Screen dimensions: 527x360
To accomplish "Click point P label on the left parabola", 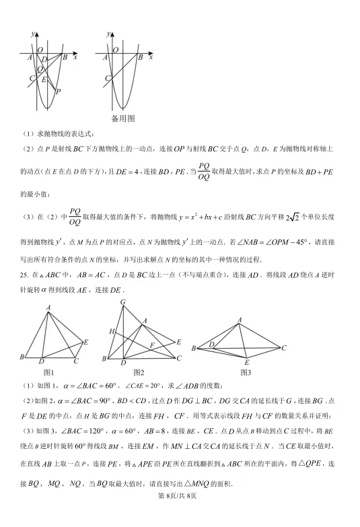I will [x=59, y=92].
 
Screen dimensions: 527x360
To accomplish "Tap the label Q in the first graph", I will [x=40, y=69].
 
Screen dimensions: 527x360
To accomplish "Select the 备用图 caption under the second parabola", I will [x=123, y=118].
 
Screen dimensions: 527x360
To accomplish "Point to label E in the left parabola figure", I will [x=44, y=80].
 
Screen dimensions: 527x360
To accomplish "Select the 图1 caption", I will [x=48, y=372].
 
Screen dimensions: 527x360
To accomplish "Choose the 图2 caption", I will [x=139, y=372].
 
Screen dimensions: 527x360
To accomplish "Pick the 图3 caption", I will [x=246, y=372].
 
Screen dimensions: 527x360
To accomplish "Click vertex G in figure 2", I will [x=122, y=303].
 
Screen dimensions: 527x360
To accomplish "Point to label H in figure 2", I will [x=110, y=331].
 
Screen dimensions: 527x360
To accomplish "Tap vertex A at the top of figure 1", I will [x=49, y=308].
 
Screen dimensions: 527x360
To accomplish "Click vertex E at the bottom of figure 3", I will [x=246, y=363].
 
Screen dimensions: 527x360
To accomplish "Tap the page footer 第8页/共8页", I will [x=180, y=515].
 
